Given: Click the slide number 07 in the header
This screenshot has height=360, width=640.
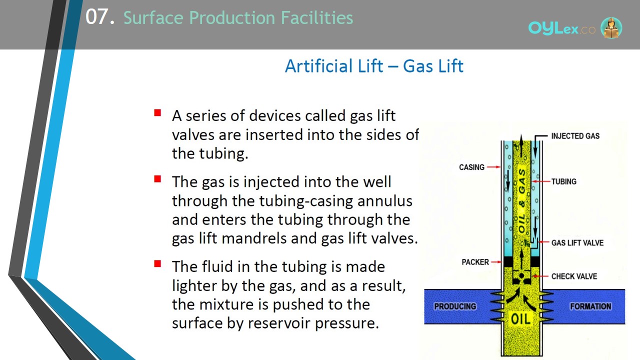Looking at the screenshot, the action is pos(97,16).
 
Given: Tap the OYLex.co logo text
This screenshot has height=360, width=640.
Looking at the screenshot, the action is pos(561,28).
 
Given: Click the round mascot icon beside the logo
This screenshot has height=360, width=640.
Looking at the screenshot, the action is pos(611,28).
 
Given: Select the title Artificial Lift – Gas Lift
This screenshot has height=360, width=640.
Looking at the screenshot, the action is pos(374,66).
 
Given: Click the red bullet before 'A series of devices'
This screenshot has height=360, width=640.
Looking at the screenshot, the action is pos(157,112).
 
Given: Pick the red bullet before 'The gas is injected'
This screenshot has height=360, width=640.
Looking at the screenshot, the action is pos(157,179).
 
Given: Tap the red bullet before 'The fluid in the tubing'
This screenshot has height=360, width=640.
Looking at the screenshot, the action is pos(157,263).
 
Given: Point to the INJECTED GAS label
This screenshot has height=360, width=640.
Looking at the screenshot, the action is pos(575,136).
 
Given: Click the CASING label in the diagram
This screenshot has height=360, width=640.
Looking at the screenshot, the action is pos(471,167).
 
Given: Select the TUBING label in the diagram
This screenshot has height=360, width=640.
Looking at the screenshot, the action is pos(563,181).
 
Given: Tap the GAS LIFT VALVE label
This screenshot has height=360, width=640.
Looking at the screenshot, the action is pos(577,243).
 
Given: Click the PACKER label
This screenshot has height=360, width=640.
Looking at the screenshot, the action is pos(475,262).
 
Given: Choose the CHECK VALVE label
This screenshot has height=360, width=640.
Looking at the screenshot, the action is pos(574,276).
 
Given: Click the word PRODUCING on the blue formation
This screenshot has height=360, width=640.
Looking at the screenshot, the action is pos(455,306).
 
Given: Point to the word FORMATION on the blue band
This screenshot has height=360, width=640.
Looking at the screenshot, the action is pos(590,306).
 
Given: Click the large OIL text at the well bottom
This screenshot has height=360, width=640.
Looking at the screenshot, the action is pos(520,319).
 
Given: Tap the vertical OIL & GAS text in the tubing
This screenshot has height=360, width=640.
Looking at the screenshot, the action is pos(521,200).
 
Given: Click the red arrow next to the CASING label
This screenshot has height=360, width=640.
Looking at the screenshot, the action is pos(493,167).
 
